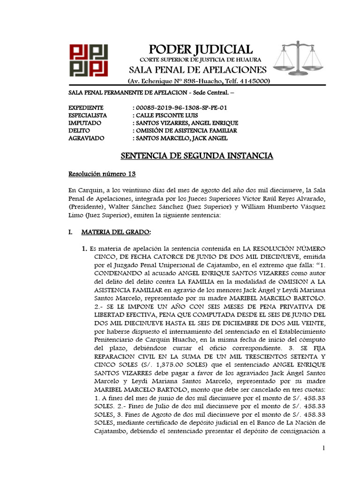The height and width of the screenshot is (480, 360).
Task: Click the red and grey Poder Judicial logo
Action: (x=89, y=60)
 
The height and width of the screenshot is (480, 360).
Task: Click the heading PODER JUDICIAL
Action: (x=200, y=49)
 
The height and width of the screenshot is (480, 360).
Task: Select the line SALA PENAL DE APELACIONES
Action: (x=198, y=70)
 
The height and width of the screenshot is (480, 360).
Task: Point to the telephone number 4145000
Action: (x=253, y=81)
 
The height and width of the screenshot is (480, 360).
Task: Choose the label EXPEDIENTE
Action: (x=86, y=107)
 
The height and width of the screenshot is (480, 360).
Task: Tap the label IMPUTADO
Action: (x=83, y=122)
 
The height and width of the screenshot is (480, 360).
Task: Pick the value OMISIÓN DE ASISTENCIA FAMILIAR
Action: (x=186, y=130)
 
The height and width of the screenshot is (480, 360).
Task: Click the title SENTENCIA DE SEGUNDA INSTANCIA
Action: (x=197, y=156)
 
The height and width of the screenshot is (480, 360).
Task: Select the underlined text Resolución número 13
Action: (x=102, y=174)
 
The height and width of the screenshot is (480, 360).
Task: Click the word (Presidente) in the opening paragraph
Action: (x=86, y=207)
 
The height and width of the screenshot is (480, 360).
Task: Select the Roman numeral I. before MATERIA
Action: (x=71, y=232)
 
